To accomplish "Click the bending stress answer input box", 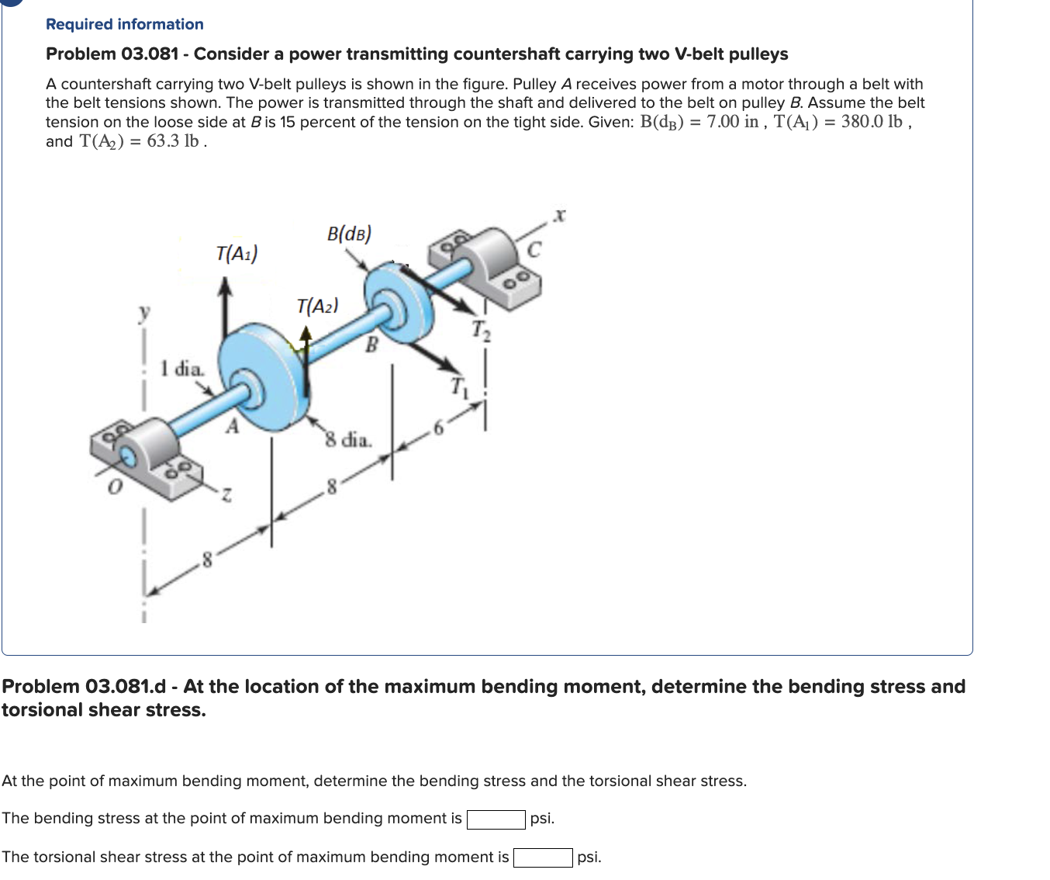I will pos(496,819).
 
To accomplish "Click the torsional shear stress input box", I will pos(543,857).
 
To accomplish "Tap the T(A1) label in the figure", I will pos(237,253).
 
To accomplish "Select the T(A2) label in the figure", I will pos(317,306).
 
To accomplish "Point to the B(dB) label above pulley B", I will pos(349,234).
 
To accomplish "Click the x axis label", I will pos(560,216).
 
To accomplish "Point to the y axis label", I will pos(143,312).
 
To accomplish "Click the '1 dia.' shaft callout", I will pos(182,368).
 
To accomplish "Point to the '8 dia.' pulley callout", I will pos(348,440).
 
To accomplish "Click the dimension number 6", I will pos(438,428).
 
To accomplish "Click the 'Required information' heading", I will pos(125,24).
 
